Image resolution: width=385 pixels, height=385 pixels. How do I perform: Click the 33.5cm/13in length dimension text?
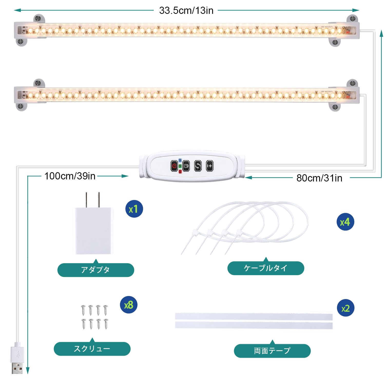click(186, 11)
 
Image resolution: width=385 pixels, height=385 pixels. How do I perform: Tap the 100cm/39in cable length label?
click(70, 176)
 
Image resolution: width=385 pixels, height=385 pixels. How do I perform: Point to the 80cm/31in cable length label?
click(319, 178)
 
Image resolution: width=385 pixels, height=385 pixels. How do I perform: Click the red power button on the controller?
click(174, 166)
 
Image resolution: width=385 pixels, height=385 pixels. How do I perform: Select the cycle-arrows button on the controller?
click(198, 166)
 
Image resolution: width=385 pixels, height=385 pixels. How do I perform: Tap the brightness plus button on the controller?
click(210, 166)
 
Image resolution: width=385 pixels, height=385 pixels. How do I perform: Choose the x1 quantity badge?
click(134, 209)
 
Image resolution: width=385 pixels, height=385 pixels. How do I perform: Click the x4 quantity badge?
click(345, 222)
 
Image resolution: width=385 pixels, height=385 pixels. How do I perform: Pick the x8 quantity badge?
click(129, 305)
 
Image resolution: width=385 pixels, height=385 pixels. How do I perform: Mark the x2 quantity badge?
click(345, 308)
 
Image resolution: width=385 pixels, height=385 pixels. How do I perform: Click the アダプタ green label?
click(96, 270)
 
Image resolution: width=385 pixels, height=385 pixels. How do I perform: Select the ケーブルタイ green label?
click(266, 268)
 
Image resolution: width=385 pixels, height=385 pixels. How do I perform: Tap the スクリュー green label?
click(92, 349)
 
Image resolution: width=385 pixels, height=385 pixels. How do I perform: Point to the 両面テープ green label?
click(272, 351)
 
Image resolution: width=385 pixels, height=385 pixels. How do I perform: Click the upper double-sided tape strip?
click(254, 316)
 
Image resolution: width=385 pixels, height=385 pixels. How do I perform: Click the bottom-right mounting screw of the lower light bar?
click(335, 107)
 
